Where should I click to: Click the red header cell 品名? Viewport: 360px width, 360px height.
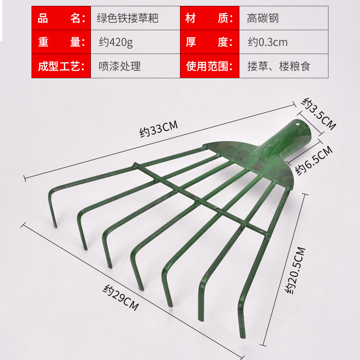click(61, 18)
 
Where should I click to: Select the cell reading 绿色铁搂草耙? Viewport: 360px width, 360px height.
click(128, 18)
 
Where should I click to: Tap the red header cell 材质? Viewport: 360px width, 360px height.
click(209, 18)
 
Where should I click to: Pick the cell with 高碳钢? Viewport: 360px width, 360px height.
click(263, 18)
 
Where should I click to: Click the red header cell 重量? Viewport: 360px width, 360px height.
click(61, 42)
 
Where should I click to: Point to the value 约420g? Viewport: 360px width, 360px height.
click(116, 42)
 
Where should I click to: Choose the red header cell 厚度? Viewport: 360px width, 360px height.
click(209, 42)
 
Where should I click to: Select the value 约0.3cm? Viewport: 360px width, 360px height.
click(268, 42)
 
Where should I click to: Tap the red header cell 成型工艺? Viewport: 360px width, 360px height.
click(61, 66)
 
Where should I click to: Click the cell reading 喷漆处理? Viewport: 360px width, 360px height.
click(119, 66)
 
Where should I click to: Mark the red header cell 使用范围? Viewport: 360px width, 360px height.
click(209, 66)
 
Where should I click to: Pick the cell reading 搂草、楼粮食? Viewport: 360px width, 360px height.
click(279, 66)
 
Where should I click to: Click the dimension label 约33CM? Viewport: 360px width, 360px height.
click(159, 130)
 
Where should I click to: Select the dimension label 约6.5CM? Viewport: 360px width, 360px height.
click(314, 161)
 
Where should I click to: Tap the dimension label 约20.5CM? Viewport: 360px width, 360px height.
click(296, 270)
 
